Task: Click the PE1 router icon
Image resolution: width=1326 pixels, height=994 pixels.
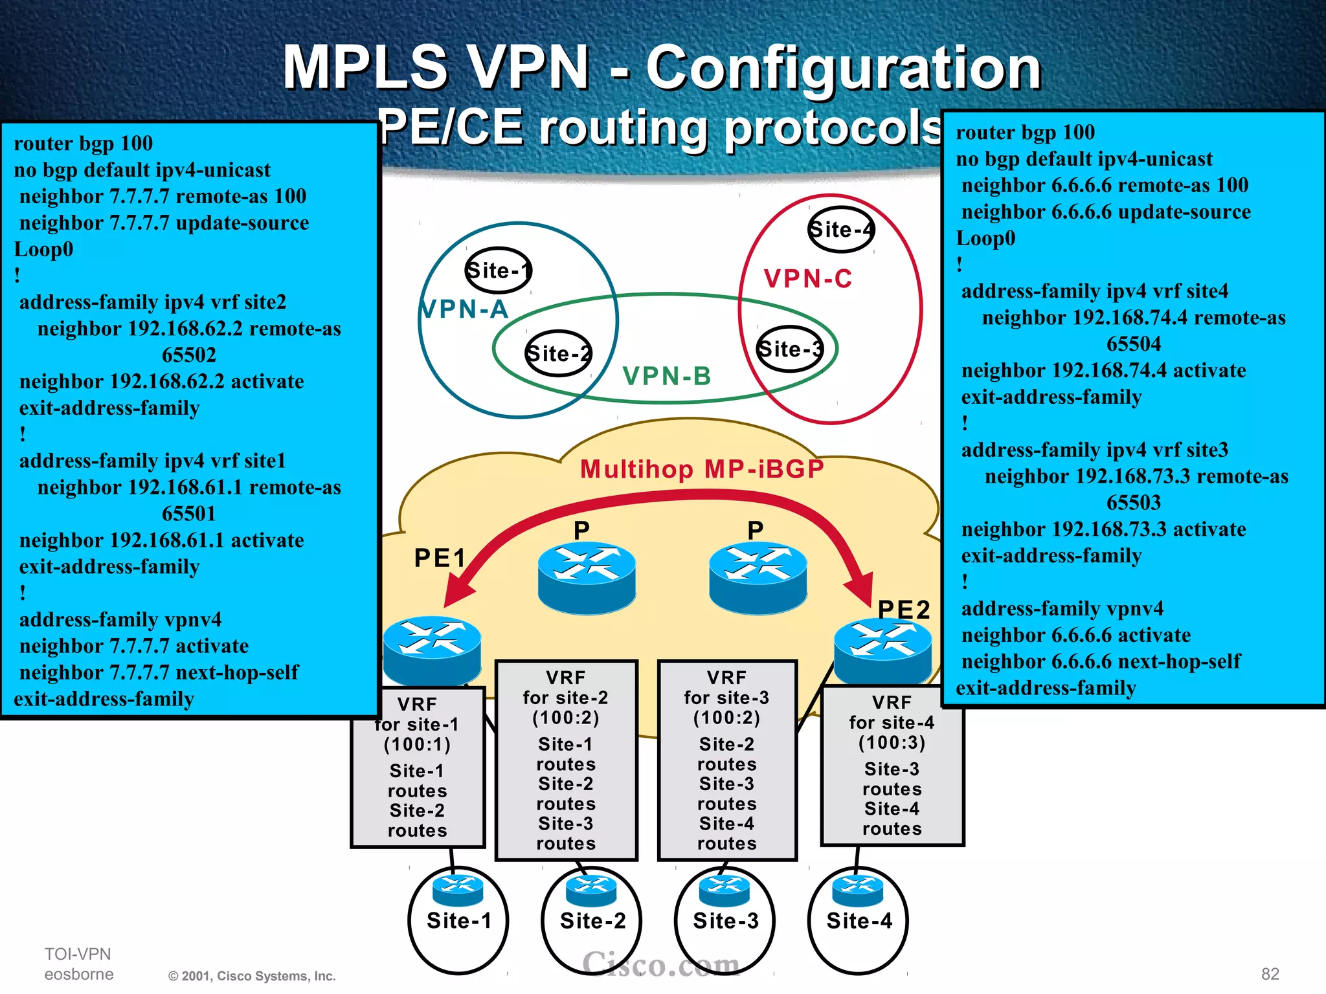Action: coord(432,648)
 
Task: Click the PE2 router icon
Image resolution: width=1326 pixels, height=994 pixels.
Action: coord(882,650)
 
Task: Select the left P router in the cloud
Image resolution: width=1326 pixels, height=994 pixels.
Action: coord(587,577)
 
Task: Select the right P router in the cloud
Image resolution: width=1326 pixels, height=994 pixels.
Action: coord(758,577)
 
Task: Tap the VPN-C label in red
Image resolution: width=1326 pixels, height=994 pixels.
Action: coord(807,279)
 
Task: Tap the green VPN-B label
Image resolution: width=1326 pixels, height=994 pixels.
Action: coord(666,376)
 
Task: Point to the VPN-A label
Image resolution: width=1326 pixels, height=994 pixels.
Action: coord(464,309)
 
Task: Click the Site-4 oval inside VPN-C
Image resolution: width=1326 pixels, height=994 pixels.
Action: coord(840,230)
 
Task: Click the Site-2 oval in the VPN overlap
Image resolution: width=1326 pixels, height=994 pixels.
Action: coord(557,353)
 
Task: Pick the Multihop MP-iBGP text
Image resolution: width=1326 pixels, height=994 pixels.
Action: coord(701,469)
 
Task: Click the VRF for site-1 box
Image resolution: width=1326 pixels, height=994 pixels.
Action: coord(418,768)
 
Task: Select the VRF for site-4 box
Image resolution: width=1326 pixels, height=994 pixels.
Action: coord(892,766)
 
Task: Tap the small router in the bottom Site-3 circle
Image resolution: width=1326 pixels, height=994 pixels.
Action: coord(725,889)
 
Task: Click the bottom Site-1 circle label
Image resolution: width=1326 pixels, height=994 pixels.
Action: coord(458,921)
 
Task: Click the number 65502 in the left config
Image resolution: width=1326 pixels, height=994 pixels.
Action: coord(188,355)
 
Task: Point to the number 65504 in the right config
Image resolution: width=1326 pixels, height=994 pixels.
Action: coord(1133,344)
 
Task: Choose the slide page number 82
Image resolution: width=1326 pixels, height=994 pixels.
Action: coord(1270,974)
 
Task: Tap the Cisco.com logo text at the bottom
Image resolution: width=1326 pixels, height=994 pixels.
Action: coord(660,964)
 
